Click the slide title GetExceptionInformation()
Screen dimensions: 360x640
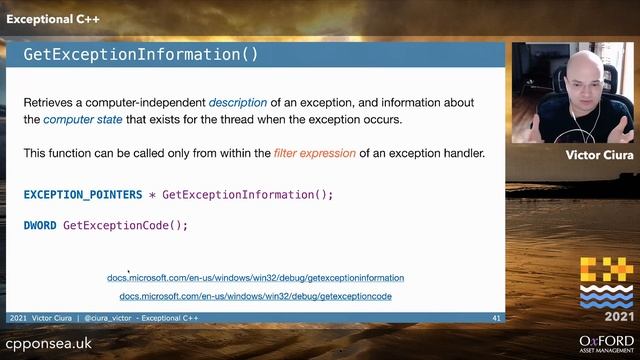pyautogui.click(x=140, y=55)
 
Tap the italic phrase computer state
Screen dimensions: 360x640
pyautogui.click(x=82, y=120)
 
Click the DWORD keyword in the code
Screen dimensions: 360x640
pyautogui.click(x=40, y=225)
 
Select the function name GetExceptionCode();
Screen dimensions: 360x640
pyautogui.click(x=126, y=225)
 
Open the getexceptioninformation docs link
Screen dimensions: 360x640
pyautogui.click(x=255, y=278)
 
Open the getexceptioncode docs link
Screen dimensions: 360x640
pyautogui.click(x=255, y=297)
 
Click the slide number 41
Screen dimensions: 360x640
pyautogui.click(x=496, y=318)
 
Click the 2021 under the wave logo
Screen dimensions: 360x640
pyautogui.click(x=606, y=316)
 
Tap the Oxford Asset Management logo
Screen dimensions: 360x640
pyautogui.click(x=606, y=340)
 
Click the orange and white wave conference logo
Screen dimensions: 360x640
pyautogui.click(x=606, y=283)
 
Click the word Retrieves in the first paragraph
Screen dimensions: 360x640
pyautogui.click(x=50, y=103)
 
